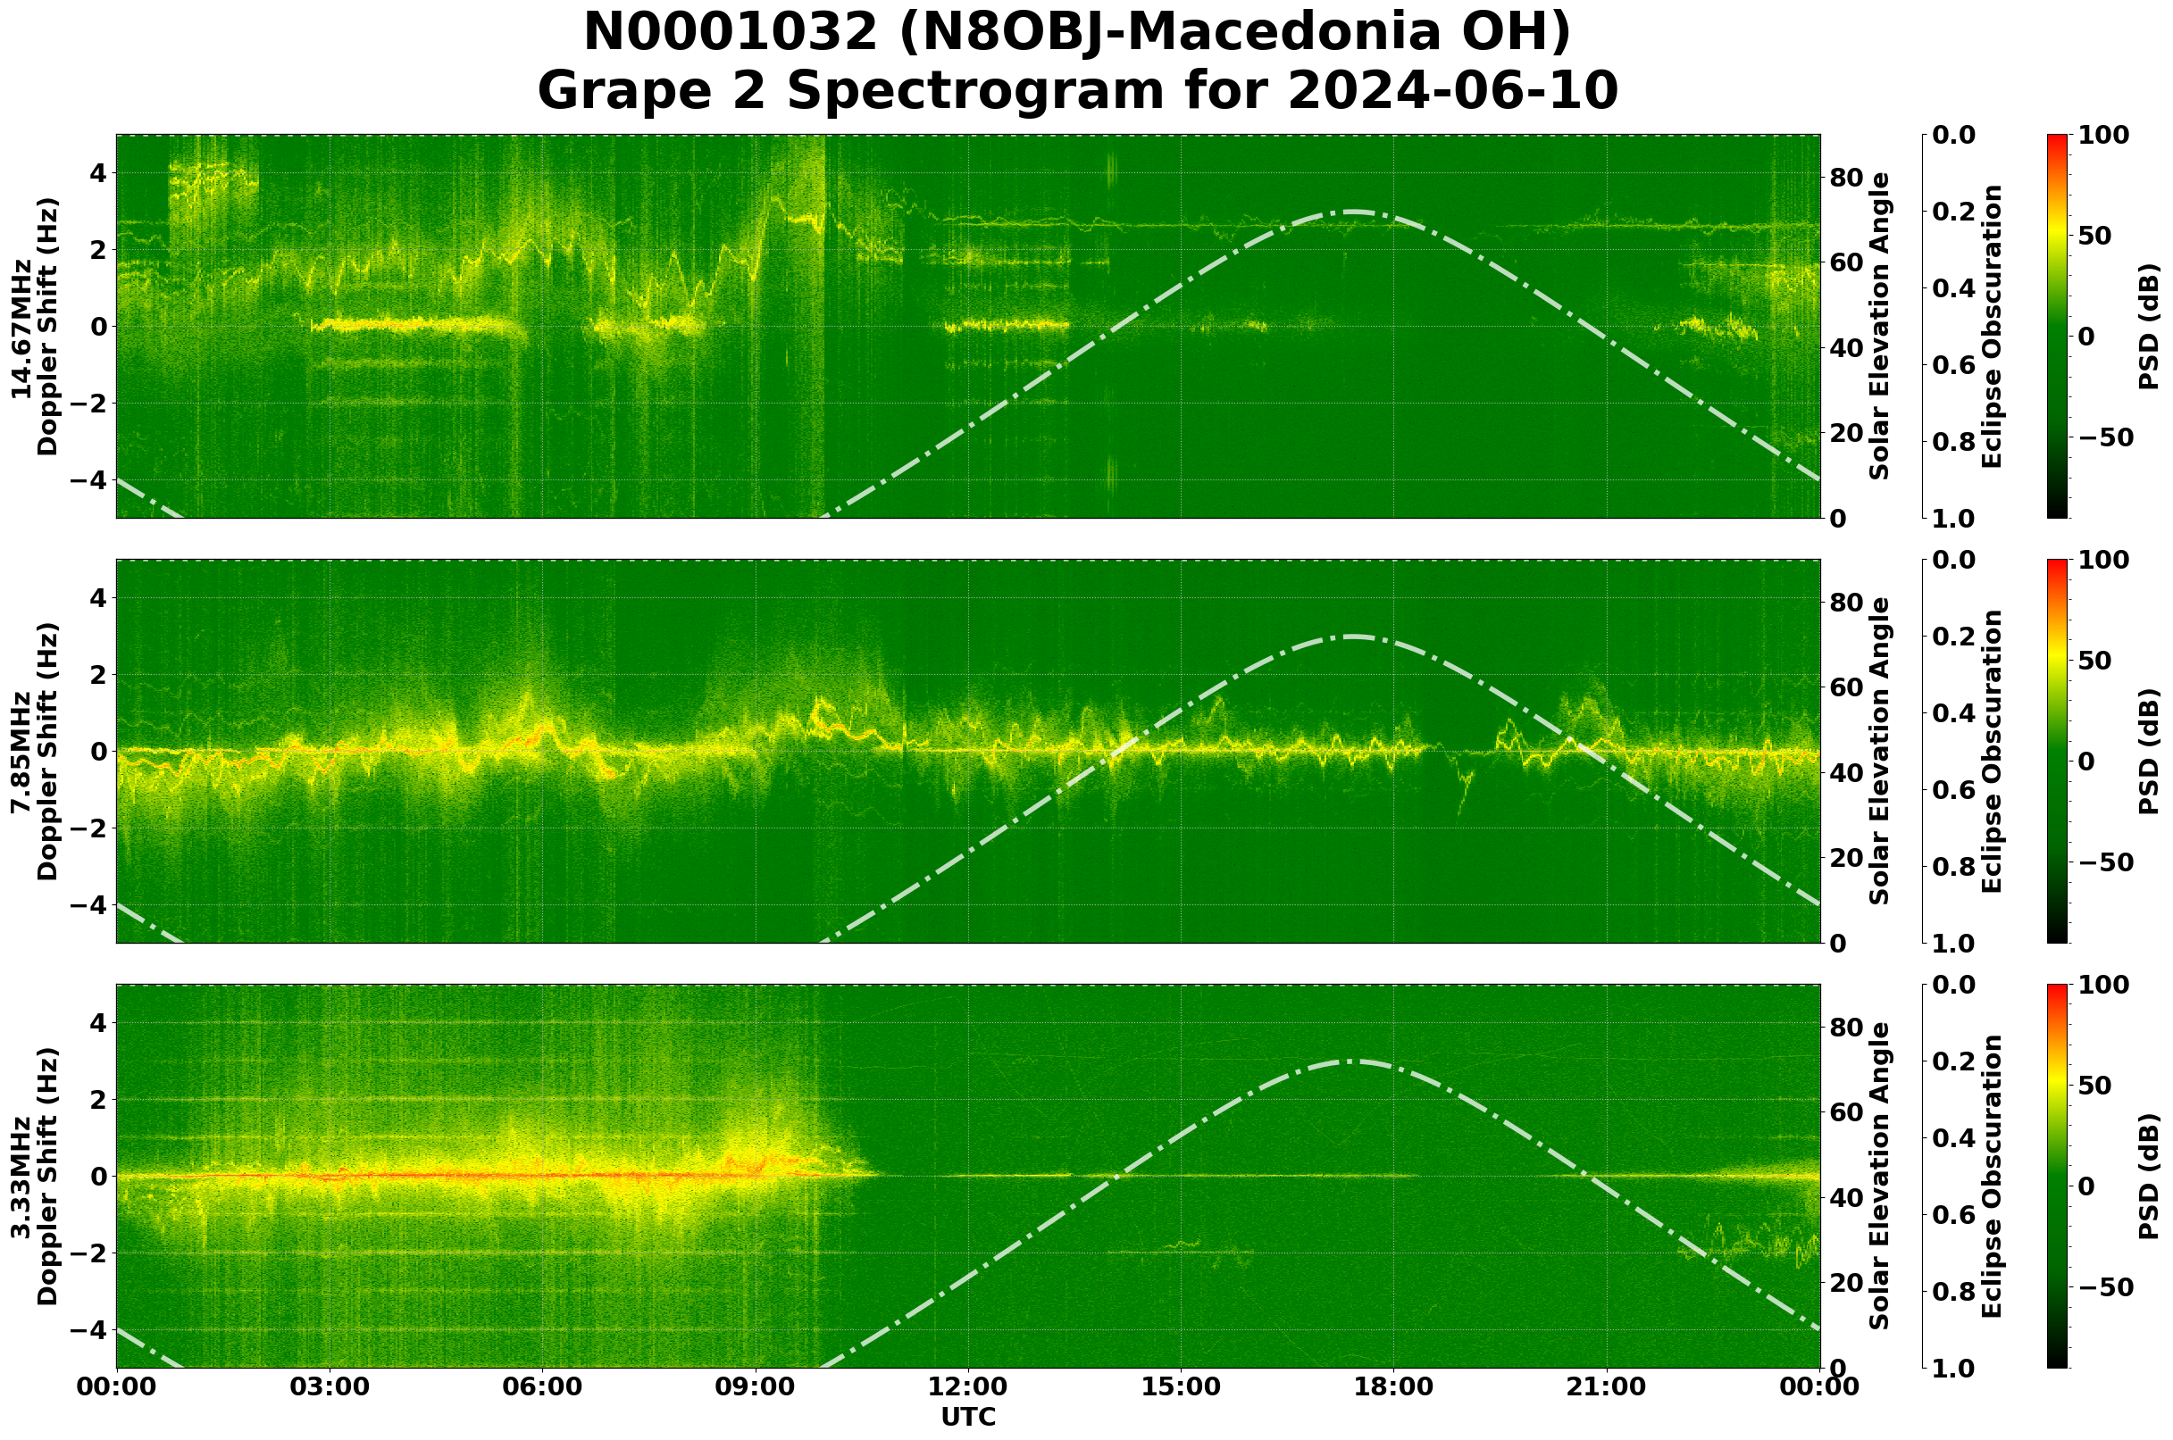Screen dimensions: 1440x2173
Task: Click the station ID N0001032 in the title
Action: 731,33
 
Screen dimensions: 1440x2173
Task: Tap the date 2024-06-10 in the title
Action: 1451,91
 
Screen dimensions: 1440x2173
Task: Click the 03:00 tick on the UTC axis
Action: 329,1386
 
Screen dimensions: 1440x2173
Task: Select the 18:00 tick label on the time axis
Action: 1393,1386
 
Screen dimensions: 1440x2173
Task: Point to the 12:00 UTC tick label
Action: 967,1386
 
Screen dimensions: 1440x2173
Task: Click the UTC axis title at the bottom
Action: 967,1417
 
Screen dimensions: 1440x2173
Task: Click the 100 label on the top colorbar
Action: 2104,136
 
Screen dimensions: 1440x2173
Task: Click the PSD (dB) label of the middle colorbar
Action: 2149,751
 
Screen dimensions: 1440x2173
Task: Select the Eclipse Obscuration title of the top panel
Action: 1991,327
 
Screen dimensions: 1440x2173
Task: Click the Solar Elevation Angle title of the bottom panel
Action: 1880,1177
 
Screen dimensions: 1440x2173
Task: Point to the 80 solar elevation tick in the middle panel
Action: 1845,603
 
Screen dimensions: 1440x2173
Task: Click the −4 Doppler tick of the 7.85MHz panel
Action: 88,905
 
